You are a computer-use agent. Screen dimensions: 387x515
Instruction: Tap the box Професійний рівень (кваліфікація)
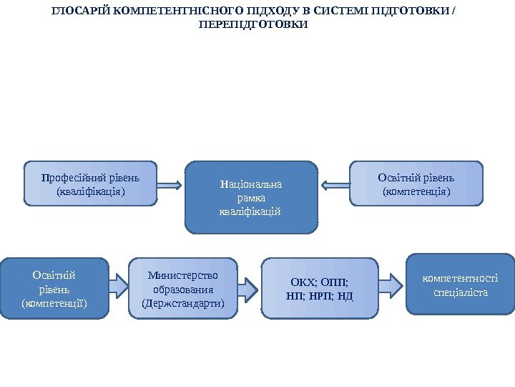point(90,183)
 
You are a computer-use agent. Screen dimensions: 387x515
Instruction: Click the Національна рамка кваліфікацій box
point(251,197)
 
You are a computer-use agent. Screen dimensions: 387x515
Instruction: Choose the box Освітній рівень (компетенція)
point(417,183)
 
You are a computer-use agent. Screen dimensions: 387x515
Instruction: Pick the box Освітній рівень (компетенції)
point(54,288)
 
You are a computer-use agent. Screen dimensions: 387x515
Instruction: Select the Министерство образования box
point(183,288)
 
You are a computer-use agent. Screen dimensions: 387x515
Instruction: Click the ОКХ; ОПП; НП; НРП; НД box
point(320,288)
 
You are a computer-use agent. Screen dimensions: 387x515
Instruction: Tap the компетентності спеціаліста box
point(460,285)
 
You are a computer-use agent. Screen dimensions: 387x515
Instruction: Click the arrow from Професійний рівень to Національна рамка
point(169,185)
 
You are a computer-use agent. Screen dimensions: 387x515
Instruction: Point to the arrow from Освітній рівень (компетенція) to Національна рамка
point(334,185)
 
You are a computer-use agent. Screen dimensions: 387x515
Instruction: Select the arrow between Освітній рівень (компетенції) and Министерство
point(119,287)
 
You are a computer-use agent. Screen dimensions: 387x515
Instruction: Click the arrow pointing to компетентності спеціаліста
point(391,285)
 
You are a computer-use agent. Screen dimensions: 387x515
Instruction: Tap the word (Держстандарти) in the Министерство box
point(183,303)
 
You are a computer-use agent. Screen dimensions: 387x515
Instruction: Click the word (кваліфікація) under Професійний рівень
point(90,191)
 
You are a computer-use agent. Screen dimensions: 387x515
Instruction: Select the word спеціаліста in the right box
point(460,292)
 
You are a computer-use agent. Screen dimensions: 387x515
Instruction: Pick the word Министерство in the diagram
point(183,274)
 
